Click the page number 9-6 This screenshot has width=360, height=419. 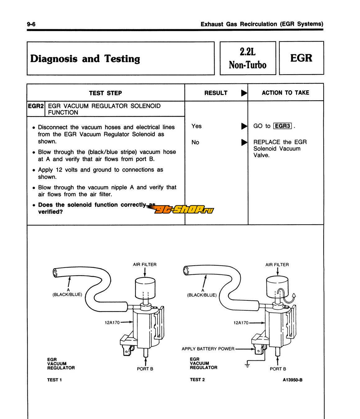[x=31, y=24]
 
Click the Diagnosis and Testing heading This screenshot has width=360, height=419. [x=85, y=59]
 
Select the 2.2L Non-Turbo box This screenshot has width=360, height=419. [x=248, y=58]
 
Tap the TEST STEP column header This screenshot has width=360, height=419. [x=105, y=93]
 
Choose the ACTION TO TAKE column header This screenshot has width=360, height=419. [x=285, y=92]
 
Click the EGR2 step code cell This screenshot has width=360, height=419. [x=36, y=106]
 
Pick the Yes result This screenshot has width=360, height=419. [x=196, y=126]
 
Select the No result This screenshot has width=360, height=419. [x=195, y=142]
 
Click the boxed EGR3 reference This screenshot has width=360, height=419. [x=282, y=126]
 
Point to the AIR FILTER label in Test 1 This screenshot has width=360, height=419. [x=145, y=264]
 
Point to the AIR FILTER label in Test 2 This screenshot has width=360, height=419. [x=277, y=265]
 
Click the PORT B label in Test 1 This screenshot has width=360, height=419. [x=145, y=369]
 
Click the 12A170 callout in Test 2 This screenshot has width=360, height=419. [x=241, y=323]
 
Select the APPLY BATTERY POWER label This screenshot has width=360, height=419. [x=208, y=349]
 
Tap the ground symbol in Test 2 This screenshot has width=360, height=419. [x=247, y=365]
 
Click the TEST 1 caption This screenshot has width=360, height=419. [x=55, y=380]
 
